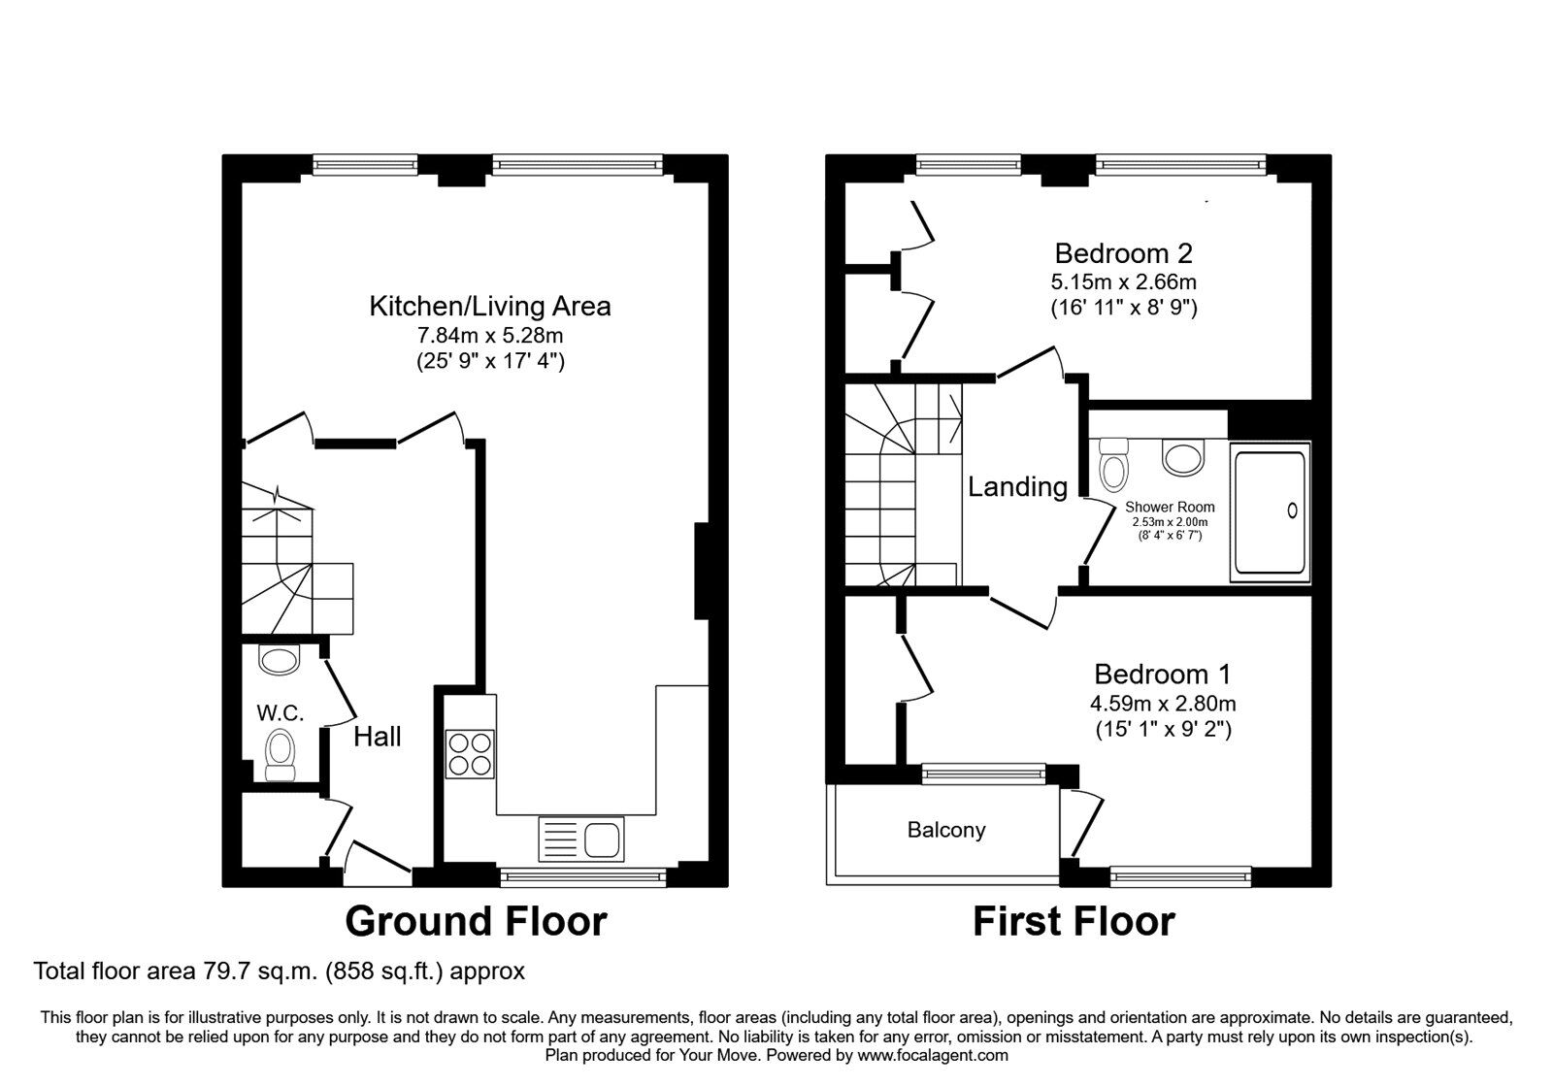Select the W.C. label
point(281,713)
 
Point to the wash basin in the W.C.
point(280,661)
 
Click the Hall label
point(378,737)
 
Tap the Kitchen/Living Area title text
point(490,307)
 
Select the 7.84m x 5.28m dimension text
point(490,336)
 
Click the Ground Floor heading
point(476,921)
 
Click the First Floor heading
point(1074,921)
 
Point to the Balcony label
point(946,830)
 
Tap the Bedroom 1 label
point(1163,674)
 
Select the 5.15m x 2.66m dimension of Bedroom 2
point(1123,282)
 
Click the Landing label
point(1017,486)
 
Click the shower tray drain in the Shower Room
point(1292,510)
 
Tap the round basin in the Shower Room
point(1181,457)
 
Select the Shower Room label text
point(1170,507)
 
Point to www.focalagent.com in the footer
point(933,1055)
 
